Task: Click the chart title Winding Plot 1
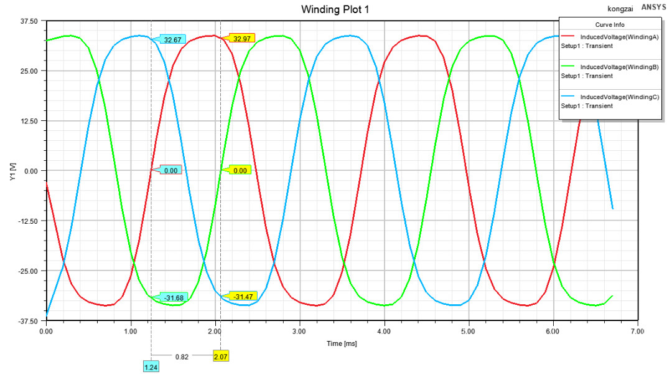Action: tap(335, 9)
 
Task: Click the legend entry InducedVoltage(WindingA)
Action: tap(619, 37)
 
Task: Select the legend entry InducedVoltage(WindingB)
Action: tap(619, 67)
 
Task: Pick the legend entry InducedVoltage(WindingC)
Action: tap(620, 97)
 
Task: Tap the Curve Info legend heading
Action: tap(609, 25)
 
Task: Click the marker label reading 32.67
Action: tap(173, 40)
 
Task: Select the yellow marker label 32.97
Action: tap(241, 39)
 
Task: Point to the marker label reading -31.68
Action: tap(174, 298)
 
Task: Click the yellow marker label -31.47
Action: tap(243, 296)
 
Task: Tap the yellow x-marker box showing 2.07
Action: tap(221, 357)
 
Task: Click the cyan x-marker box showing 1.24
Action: tap(151, 367)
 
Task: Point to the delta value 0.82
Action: tap(182, 357)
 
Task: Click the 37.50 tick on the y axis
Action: tap(29, 21)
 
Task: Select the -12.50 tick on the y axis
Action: tap(27, 221)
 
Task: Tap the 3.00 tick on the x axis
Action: tap(299, 332)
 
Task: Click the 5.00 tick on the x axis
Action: tap(468, 332)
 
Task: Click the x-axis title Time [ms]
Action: tap(342, 343)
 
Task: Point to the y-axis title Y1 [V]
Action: tap(12, 171)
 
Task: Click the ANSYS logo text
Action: tap(653, 7)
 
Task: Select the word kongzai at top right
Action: tap(620, 9)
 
